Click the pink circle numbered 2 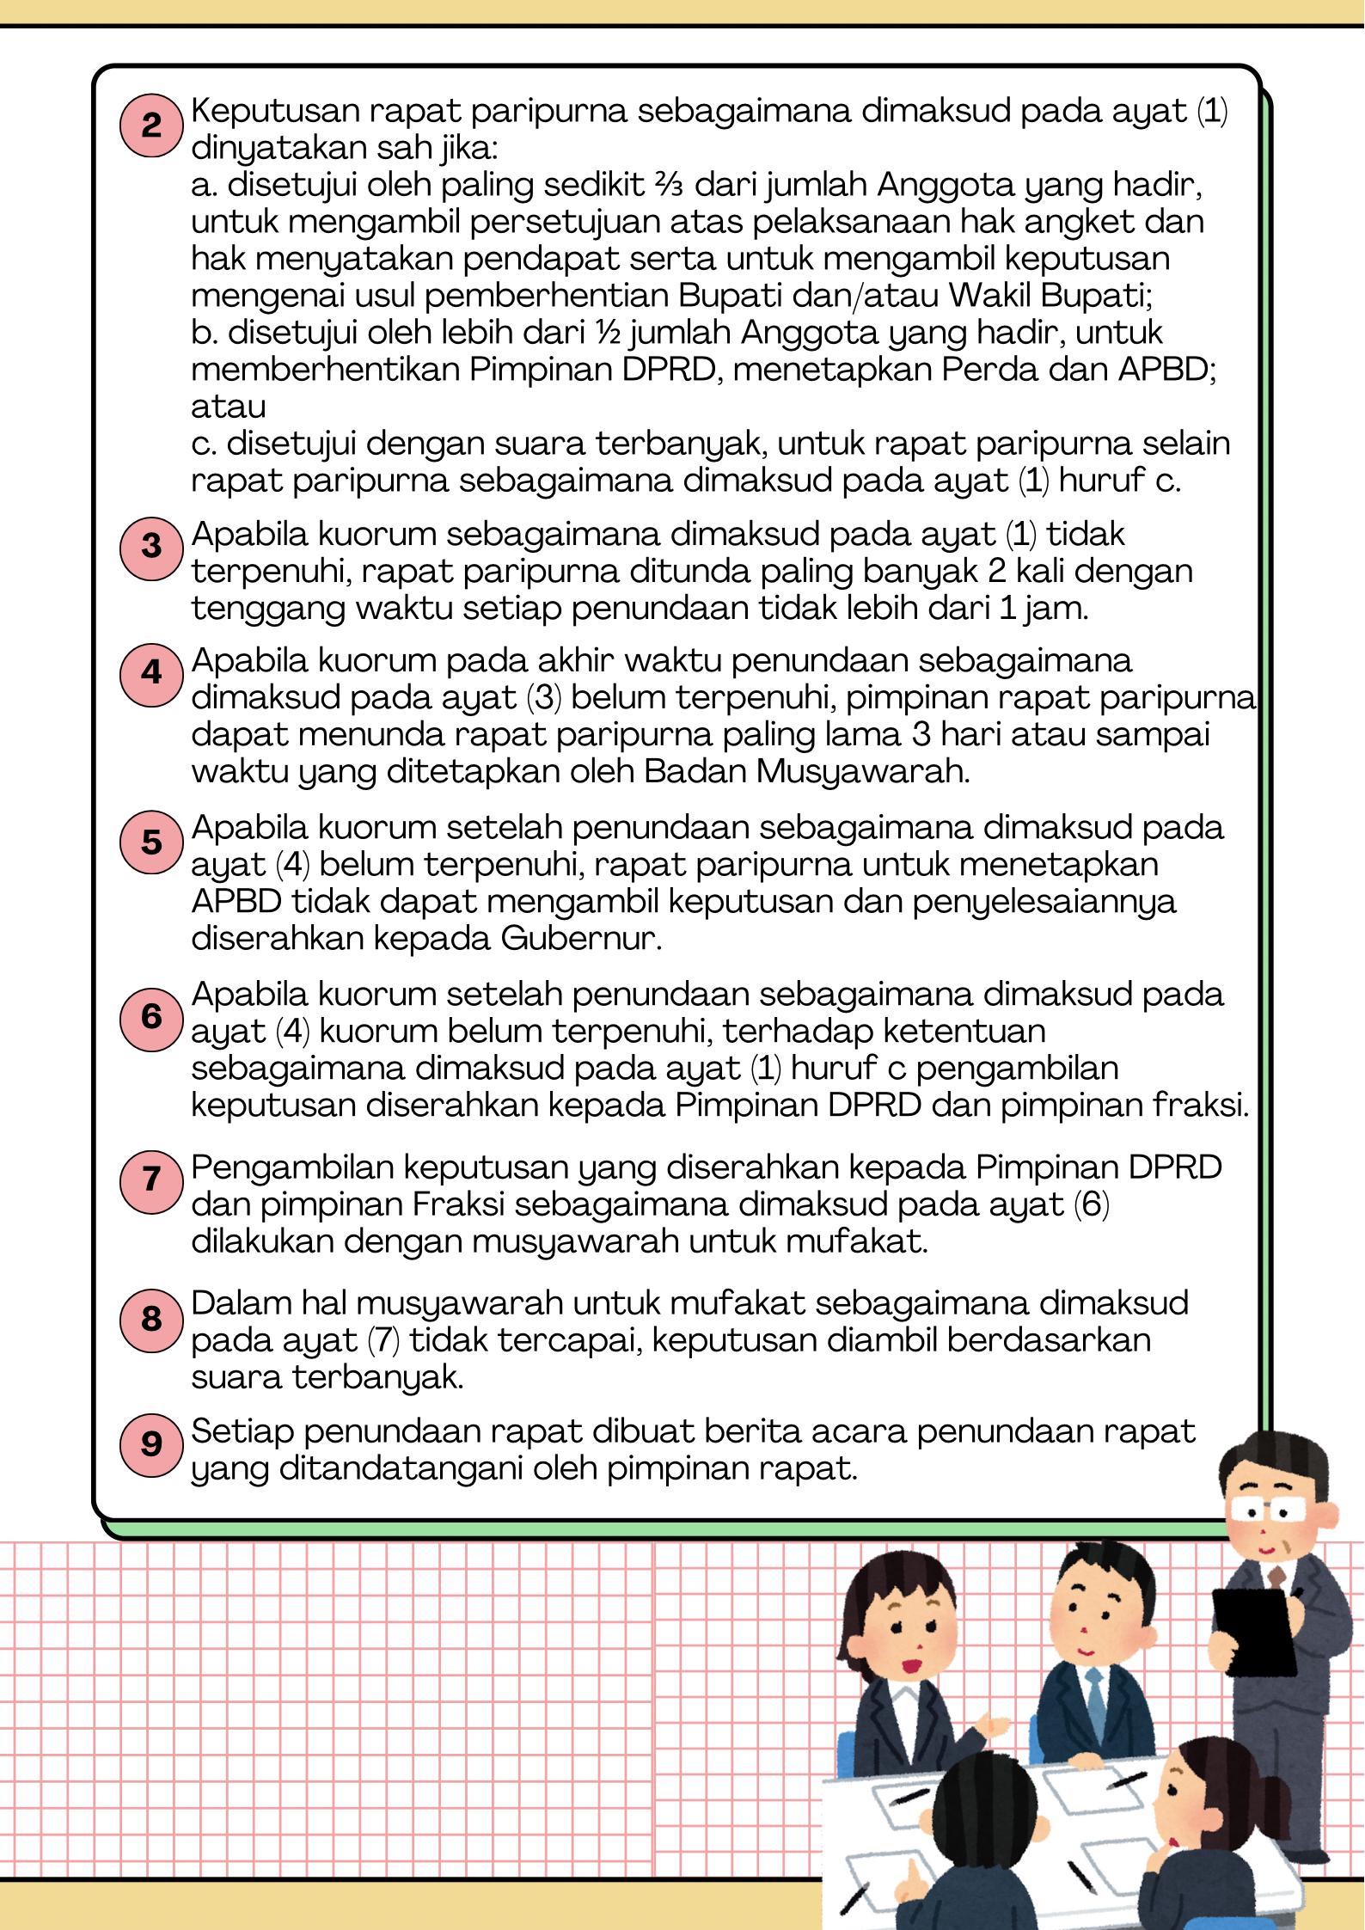click(151, 126)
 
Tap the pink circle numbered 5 click(151, 842)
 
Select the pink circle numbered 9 click(151, 1443)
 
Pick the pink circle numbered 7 click(151, 1178)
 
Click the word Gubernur click(580, 939)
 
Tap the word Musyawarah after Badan click(862, 772)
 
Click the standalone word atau click(228, 406)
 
